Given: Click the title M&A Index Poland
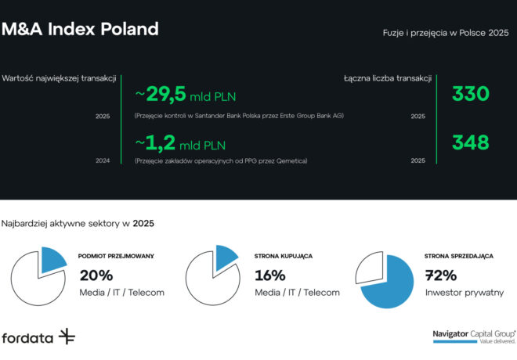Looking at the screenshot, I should coord(80,30).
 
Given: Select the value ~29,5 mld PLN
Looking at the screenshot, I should coord(186,95).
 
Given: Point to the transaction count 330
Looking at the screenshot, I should coord(470,95).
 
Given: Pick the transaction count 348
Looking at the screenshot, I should coord(470,142).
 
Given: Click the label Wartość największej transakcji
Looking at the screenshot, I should coord(60,78).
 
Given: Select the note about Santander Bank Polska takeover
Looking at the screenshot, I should coord(239,116).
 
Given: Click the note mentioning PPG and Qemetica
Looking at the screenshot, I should coord(221,160).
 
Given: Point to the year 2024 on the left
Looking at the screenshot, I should coord(103,160).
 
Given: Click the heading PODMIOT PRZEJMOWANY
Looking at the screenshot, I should coord(116,256).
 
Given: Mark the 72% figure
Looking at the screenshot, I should coord(441,275).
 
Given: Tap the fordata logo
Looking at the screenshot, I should coord(38,337).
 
